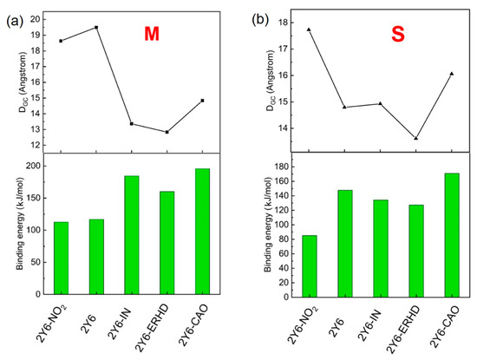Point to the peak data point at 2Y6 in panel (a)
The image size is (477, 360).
pyautogui.click(x=96, y=27)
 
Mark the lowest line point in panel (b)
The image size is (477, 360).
pyautogui.click(x=415, y=138)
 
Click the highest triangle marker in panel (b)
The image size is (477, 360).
pyautogui.click(x=309, y=29)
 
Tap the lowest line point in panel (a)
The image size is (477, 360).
pyautogui.click(x=167, y=132)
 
